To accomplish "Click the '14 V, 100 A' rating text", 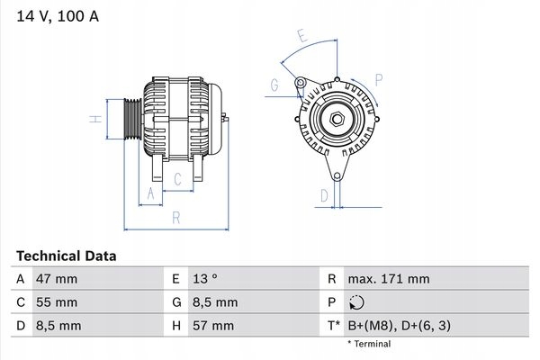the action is tap(58, 16).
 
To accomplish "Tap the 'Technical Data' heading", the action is tap(66, 256).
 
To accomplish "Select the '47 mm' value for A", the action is tap(57, 279).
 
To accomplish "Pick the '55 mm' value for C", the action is tap(57, 302).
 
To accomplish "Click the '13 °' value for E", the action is tap(205, 279).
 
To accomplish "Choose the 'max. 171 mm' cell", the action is tap(389, 279).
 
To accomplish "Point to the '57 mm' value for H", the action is tap(213, 326).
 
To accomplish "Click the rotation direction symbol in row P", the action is tap(356, 302).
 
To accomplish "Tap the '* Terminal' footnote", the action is tap(369, 344).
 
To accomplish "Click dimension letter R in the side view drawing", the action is tap(176, 218).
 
